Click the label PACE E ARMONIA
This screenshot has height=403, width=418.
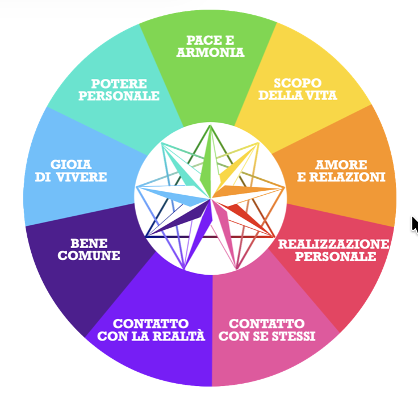coord(210,47)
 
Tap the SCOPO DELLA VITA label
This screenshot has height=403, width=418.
coord(298,89)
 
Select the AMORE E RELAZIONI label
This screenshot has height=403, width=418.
coord(341,171)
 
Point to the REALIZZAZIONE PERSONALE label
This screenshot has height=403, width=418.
coord(333,250)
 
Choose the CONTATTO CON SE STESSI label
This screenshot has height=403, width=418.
coord(266,330)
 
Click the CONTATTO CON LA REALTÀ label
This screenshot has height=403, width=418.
coord(151,330)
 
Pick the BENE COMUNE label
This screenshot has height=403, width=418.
coord(89,249)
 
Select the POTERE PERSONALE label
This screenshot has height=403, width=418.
coord(119,90)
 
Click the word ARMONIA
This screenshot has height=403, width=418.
coord(210,53)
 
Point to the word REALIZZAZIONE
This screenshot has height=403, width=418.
coord(333,244)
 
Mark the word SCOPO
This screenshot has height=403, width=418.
coord(298,83)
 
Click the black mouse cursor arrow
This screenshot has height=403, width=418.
coord(415,224)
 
